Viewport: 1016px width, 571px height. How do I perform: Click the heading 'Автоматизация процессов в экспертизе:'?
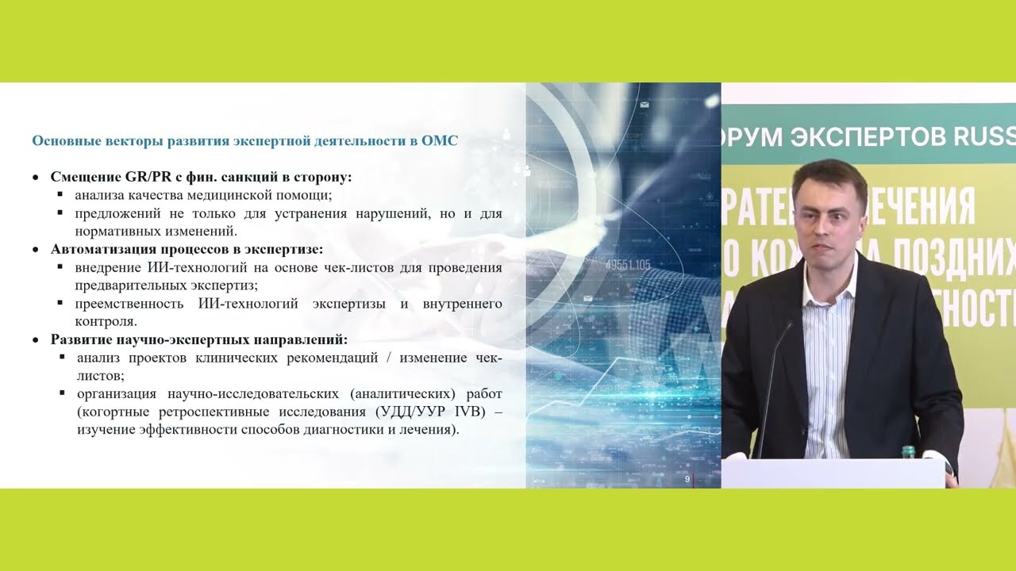click(x=187, y=249)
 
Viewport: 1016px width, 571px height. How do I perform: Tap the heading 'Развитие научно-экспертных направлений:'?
click(x=199, y=339)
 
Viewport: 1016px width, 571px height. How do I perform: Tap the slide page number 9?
click(x=687, y=480)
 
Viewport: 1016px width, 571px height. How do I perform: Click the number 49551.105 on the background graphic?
click(x=627, y=265)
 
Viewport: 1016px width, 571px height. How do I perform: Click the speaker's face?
click(x=825, y=218)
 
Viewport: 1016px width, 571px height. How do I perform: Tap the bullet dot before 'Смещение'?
click(x=36, y=178)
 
